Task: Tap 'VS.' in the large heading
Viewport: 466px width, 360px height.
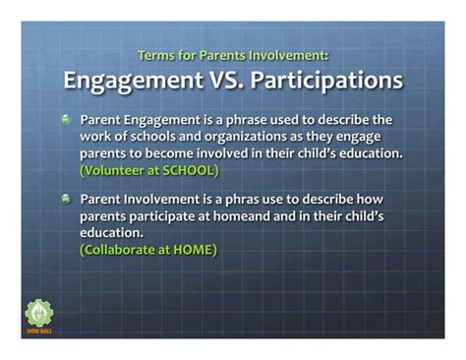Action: click(x=231, y=80)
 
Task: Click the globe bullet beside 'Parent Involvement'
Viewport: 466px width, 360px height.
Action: click(x=67, y=199)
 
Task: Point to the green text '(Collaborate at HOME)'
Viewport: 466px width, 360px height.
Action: click(x=148, y=250)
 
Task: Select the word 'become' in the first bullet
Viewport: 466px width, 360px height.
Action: click(x=178, y=153)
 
